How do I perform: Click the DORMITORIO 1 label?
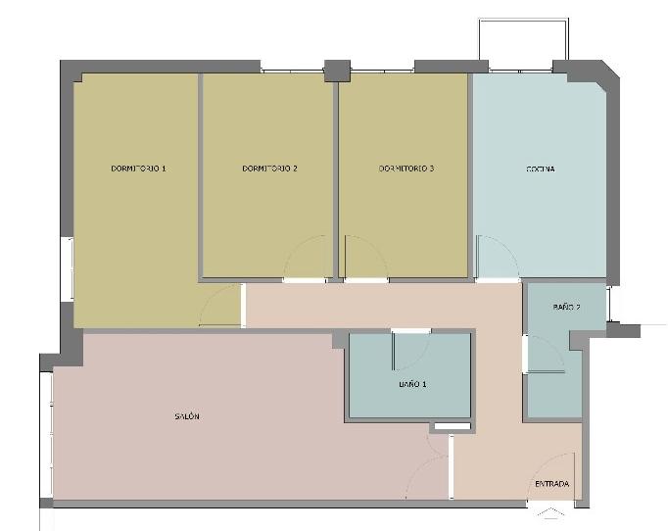click(138, 169)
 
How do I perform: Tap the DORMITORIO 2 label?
click(269, 169)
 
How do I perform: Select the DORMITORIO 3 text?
click(406, 169)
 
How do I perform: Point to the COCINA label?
click(541, 169)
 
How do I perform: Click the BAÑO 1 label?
click(412, 384)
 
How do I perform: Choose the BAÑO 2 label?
click(566, 307)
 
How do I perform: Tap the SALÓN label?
click(187, 416)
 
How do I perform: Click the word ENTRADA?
click(552, 484)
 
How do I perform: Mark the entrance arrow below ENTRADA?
click(550, 512)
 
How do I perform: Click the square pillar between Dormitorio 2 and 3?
click(337, 71)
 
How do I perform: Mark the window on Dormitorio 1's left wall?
click(68, 269)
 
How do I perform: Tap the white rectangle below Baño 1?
click(453, 426)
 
